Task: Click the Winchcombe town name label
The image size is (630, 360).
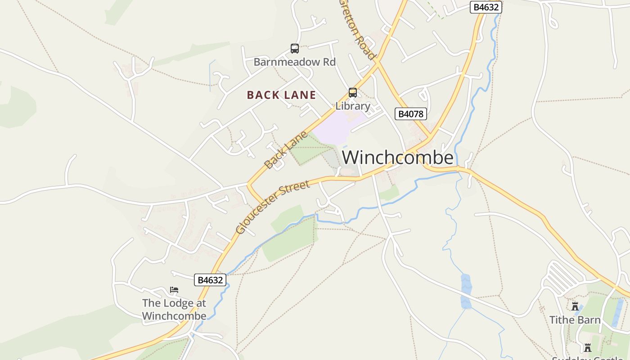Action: point(398,157)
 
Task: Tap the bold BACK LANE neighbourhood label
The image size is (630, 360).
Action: point(281,95)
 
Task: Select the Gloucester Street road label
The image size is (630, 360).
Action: point(273,207)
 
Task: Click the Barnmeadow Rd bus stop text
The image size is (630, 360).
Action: point(295,62)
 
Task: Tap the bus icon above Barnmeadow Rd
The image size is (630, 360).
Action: point(295,49)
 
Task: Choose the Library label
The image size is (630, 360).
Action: point(353,106)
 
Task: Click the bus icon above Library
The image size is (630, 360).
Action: point(353,93)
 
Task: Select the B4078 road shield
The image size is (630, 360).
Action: point(410,114)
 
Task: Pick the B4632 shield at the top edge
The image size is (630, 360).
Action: point(486,7)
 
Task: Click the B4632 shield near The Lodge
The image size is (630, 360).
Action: point(210,280)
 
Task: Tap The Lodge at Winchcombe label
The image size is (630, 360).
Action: point(174,309)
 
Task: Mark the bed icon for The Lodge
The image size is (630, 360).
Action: point(174,290)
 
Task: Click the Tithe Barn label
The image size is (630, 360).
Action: point(575,320)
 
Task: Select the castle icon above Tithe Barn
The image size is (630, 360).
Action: point(575,306)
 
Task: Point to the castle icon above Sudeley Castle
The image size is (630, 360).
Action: point(587,347)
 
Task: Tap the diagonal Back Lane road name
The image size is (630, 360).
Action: point(286,150)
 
